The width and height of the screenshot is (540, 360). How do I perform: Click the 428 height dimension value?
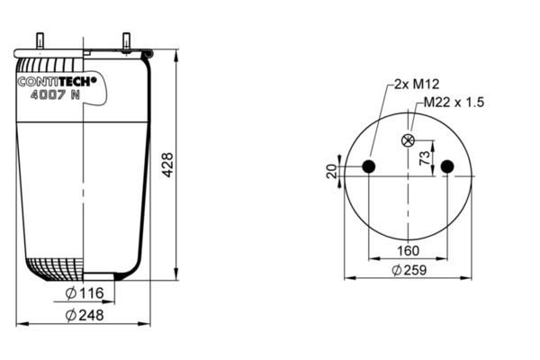click(x=168, y=166)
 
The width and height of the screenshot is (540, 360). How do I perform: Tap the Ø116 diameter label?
click(x=85, y=293)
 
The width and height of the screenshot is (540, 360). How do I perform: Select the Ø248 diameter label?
click(x=85, y=315)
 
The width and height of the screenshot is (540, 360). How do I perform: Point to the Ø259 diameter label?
click(x=409, y=270)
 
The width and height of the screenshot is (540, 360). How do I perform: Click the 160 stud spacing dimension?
click(x=408, y=250)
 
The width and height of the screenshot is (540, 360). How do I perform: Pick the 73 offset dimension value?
click(x=425, y=158)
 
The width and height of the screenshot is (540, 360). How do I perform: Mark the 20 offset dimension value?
click(x=331, y=171)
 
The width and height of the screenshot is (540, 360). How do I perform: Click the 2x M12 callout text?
click(x=417, y=84)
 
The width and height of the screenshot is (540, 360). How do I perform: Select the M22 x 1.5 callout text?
click(x=454, y=103)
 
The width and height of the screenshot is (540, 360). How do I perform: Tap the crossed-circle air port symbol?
click(x=408, y=140)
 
